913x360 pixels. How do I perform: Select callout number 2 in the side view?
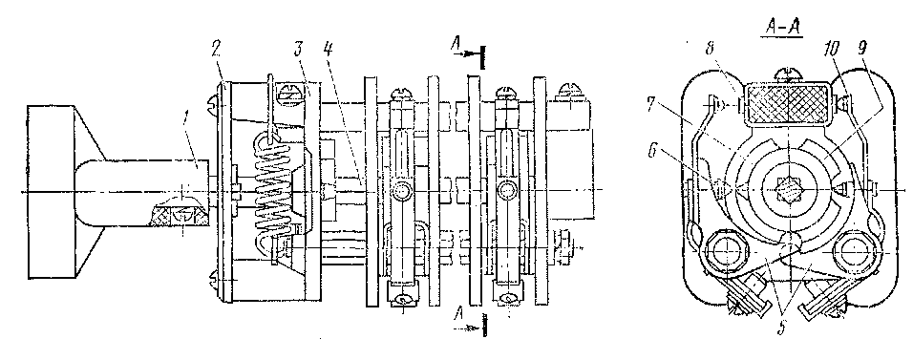[216, 49]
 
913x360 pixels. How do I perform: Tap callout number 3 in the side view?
[299, 49]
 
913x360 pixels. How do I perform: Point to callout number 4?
[328, 49]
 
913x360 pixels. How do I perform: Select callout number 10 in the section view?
[831, 50]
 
